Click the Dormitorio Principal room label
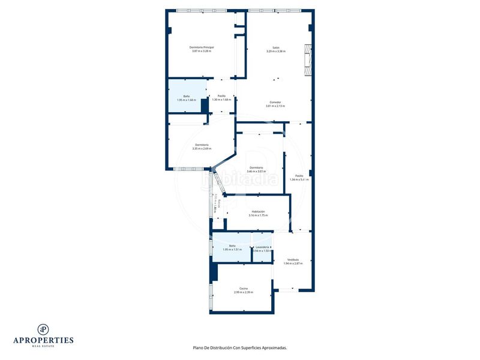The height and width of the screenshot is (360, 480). [202, 47]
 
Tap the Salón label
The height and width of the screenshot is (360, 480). [276, 47]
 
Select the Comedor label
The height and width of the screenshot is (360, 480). [275, 102]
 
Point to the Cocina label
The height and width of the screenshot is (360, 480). [244, 288]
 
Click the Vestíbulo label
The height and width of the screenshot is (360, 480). [293, 259]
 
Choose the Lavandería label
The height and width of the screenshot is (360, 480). [262, 247]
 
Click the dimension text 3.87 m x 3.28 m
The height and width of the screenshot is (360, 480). [202, 51]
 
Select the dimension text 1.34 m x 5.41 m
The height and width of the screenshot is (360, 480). [299, 179]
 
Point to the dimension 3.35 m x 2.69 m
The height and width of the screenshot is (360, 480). [202, 149]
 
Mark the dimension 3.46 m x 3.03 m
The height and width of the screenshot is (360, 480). [256, 171]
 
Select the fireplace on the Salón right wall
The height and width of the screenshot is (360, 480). [308, 61]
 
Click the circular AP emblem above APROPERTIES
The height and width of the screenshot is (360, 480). [43, 329]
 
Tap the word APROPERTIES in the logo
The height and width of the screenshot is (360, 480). [43, 340]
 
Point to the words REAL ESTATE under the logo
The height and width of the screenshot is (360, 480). [43, 346]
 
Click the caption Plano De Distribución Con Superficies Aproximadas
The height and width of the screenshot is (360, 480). [239, 347]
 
